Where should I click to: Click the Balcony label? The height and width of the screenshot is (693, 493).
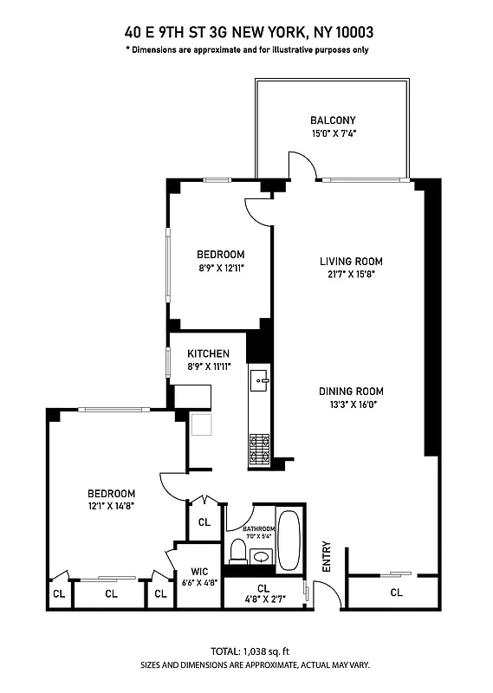click(x=333, y=120)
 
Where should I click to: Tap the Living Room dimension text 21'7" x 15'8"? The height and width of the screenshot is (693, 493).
click(x=351, y=274)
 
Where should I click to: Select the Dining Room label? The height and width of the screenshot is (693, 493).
click(x=351, y=391)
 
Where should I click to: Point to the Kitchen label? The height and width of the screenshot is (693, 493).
click(x=209, y=353)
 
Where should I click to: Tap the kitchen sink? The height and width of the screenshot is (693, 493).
click(x=260, y=379)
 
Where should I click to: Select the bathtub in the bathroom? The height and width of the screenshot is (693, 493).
click(x=289, y=540)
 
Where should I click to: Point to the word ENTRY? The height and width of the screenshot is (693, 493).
click(x=327, y=556)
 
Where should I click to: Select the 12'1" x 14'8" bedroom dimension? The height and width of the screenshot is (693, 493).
click(x=111, y=506)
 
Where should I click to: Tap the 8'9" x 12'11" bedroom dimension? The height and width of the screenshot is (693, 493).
click(x=220, y=268)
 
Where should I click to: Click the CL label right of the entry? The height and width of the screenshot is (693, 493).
click(x=396, y=593)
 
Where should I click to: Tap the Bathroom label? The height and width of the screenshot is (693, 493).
click(x=258, y=528)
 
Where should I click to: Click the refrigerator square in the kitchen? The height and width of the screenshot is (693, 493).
click(x=202, y=424)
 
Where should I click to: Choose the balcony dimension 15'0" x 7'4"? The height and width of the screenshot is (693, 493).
click(x=333, y=133)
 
